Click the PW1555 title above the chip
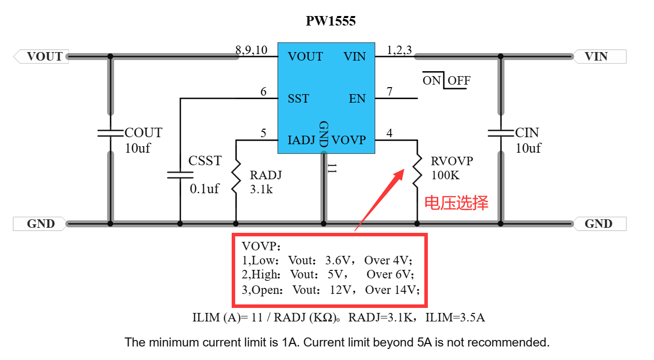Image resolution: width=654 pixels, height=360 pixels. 331,21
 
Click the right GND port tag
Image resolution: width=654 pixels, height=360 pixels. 599,223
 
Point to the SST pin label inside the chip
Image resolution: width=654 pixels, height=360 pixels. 298,99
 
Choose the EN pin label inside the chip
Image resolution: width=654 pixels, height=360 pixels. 357,99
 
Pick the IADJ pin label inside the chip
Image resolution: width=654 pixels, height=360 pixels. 301,140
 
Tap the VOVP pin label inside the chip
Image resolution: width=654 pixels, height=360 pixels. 349,140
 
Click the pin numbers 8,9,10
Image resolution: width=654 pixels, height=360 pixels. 251,50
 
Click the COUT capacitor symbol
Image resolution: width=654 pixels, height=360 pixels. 110,133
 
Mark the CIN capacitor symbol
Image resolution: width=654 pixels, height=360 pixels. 501,133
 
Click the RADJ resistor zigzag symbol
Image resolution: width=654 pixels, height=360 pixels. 236,176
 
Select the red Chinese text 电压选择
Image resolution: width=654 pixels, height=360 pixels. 456,203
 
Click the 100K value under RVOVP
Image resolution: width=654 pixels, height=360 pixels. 445,176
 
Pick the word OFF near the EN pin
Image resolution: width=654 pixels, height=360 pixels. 459,81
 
